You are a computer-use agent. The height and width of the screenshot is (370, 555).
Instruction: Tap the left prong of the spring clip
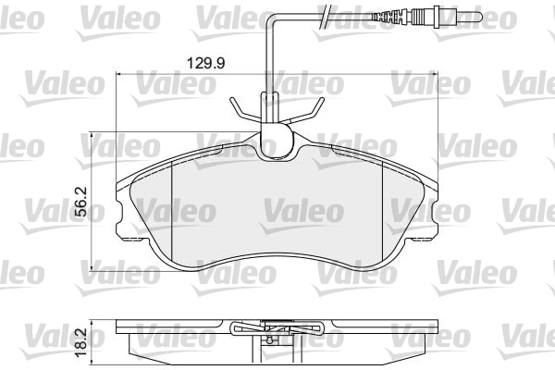(x=239, y=108)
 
